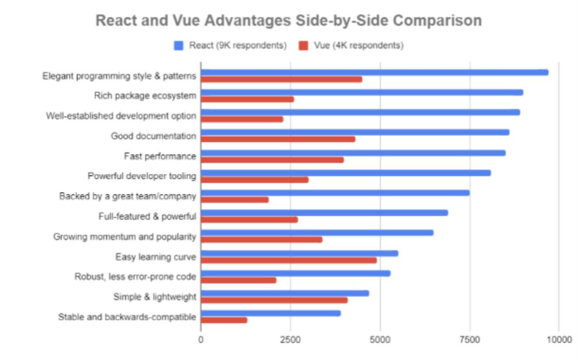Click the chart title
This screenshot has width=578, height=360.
pos(289,21)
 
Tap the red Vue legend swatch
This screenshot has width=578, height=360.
pos(303,46)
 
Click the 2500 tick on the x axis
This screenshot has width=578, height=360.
pos(290,340)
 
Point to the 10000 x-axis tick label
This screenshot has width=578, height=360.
pos(559,340)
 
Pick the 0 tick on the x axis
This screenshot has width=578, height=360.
pos(201,340)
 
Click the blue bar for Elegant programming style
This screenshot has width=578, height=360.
pos(375,72)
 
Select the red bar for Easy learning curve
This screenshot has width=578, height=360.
pos(289,260)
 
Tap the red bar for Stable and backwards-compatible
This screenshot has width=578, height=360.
pos(224,320)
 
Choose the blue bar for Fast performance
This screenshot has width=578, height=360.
pos(353,153)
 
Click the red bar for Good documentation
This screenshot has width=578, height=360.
pos(278,139)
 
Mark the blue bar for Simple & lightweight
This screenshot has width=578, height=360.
pos(285,293)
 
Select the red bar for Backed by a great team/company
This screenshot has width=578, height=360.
pos(235,200)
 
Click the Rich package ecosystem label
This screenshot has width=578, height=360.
pos(145,96)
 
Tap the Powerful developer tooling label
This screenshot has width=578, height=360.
pos(142,176)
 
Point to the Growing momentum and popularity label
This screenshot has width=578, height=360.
pos(125,237)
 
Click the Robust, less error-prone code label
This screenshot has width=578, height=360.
pos(135,277)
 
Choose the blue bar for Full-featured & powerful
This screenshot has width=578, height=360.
pos(324,213)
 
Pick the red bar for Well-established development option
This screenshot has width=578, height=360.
pos(242,119)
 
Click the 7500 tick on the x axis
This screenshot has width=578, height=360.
pos(470,340)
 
